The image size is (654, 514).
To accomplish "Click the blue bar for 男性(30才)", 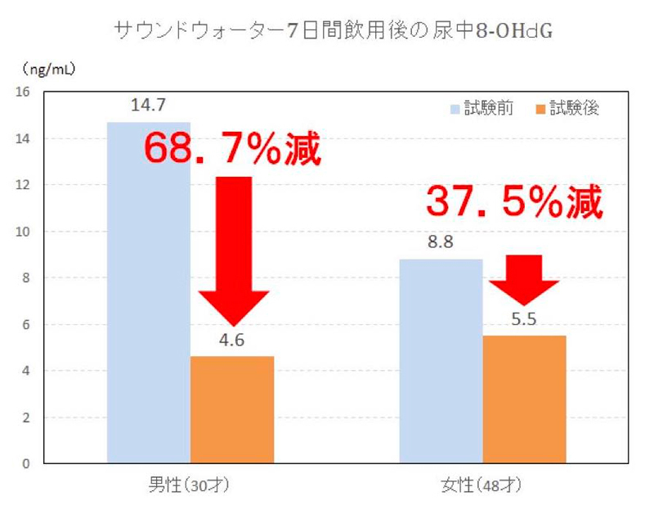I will click(149, 327).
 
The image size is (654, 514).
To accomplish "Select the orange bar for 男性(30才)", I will click(232, 409).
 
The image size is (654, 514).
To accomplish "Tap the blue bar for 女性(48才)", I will click(441, 360).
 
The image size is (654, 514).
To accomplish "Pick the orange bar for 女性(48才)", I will click(524, 399).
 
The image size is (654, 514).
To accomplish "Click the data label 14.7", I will click(149, 106).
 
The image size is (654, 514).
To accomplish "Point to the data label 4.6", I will click(232, 340).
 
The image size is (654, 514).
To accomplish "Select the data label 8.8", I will click(441, 242).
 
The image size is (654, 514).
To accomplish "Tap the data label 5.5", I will click(524, 320).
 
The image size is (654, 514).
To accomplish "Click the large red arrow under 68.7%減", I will click(233, 246).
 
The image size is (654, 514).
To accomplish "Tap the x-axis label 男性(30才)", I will click(188, 486).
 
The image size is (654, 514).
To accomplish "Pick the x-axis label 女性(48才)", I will click(482, 486).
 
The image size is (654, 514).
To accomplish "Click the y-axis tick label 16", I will click(23, 92).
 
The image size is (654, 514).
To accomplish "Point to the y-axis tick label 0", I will click(26, 464).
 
